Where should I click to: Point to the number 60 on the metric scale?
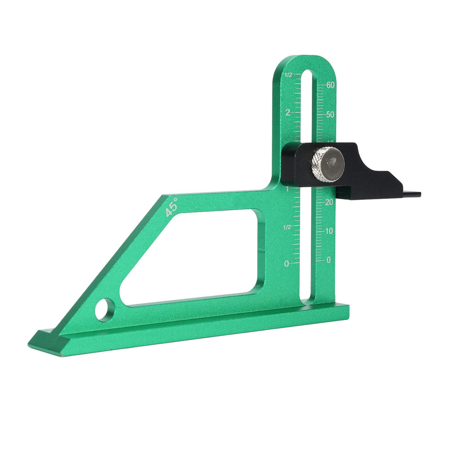tap(330, 85)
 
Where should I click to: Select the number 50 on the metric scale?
tap(330, 115)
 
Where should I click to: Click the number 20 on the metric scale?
tap(329, 202)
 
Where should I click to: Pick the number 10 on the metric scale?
tap(329, 231)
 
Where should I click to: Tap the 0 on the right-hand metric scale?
tap(328, 260)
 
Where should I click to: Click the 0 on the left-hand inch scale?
tap(287, 264)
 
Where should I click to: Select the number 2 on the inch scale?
tap(288, 112)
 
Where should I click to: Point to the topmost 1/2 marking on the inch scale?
tap(288, 75)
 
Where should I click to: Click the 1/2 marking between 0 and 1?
tap(287, 227)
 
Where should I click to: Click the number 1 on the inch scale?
tap(287, 189)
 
